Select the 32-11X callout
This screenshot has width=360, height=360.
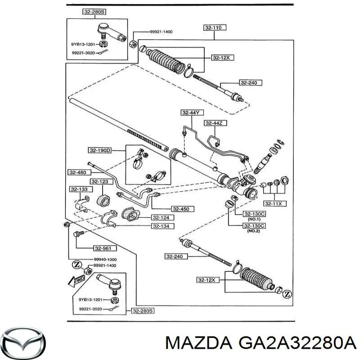[276, 204]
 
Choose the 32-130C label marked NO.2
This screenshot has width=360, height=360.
[254, 225]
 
